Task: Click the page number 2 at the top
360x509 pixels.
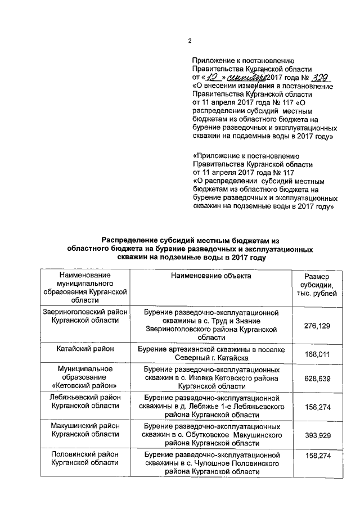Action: coord(190,40)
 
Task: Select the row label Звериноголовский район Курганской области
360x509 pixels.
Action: coord(85,316)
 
